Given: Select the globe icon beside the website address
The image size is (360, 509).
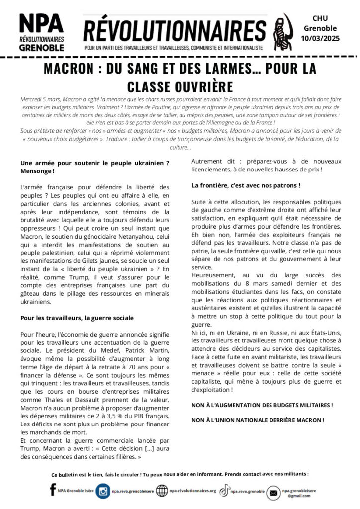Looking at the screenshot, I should (162, 491).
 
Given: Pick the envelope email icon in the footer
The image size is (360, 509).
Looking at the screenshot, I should (273, 493).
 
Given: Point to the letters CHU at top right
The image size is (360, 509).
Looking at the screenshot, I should (324, 18).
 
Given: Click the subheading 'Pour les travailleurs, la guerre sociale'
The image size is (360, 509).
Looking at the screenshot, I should (77, 318).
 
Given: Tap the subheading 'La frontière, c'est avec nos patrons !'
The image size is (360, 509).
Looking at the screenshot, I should (246, 186).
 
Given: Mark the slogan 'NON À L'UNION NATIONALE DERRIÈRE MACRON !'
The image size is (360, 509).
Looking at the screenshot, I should (258, 420).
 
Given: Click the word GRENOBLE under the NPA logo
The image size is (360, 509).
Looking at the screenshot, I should (41, 48).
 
